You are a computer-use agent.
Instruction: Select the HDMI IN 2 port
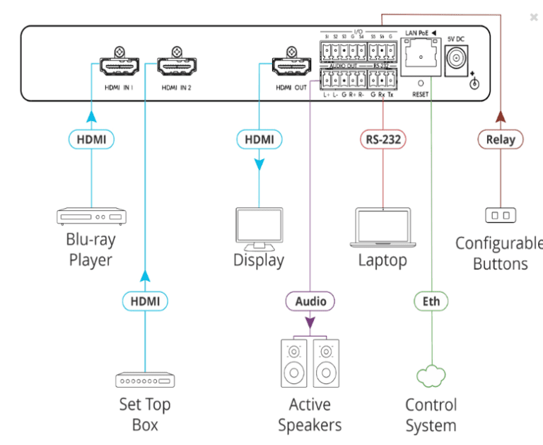point(173,68)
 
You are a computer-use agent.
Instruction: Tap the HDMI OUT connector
point(291,68)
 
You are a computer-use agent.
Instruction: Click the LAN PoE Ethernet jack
point(420,56)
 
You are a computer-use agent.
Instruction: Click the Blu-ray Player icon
point(91,216)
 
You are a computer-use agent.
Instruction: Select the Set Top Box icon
point(144,380)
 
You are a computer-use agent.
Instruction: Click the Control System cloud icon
point(431,377)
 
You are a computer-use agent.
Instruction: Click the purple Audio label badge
point(310,301)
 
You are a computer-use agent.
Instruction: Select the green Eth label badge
point(431,301)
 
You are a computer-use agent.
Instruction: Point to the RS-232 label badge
point(383,139)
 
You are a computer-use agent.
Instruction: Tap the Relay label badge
point(501,139)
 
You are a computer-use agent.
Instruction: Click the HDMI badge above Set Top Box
point(145,301)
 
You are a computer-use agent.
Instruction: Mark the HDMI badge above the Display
point(259,139)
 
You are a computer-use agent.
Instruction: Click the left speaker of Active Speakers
point(293,364)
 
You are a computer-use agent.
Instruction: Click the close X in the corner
point(534,16)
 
